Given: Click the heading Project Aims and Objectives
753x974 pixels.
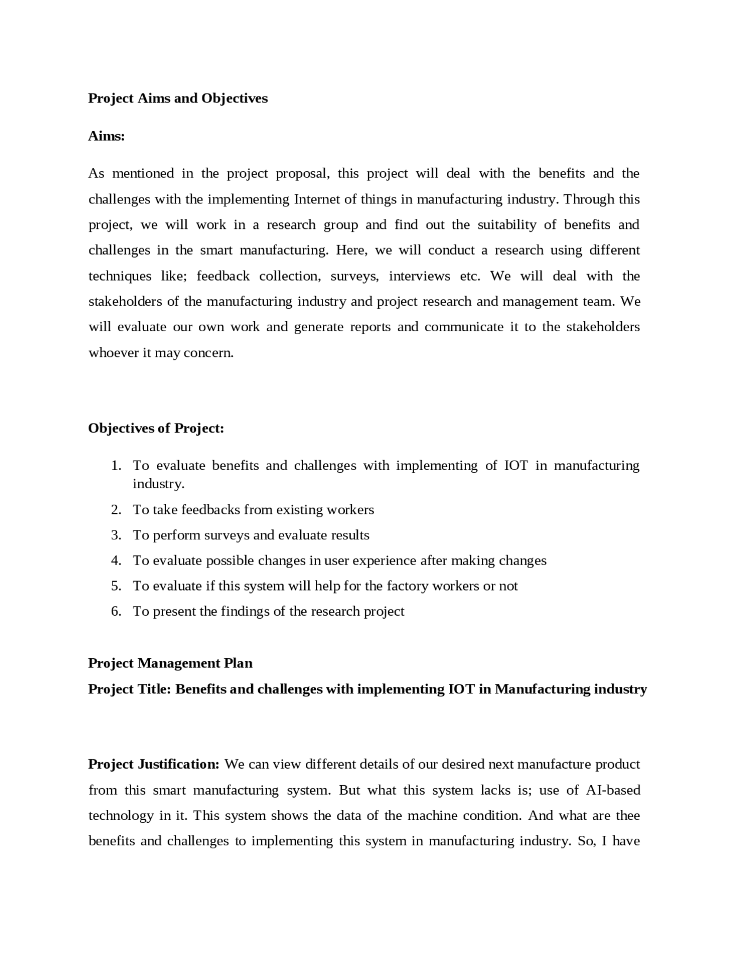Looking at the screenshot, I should (x=178, y=98).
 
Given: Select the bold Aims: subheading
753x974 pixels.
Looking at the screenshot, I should (x=106, y=136).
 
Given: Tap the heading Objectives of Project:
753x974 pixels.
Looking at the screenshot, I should (x=156, y=428).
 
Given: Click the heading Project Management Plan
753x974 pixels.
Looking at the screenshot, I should (x=170, y=663).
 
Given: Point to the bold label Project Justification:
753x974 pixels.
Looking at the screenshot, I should (x=154, y=764).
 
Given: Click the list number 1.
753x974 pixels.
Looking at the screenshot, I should (x=116, y=466).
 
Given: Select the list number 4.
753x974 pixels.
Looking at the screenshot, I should (x=116, y=561).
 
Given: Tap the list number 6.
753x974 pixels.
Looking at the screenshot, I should (x=116, y=611).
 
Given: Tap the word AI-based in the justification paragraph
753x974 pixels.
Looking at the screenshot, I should (x=613, y=790).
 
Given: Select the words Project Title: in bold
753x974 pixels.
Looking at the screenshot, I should (x=129, y=689).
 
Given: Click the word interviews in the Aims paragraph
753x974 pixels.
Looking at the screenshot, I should (x=419, y=276).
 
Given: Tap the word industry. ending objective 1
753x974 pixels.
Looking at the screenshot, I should (x=158, y=484).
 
